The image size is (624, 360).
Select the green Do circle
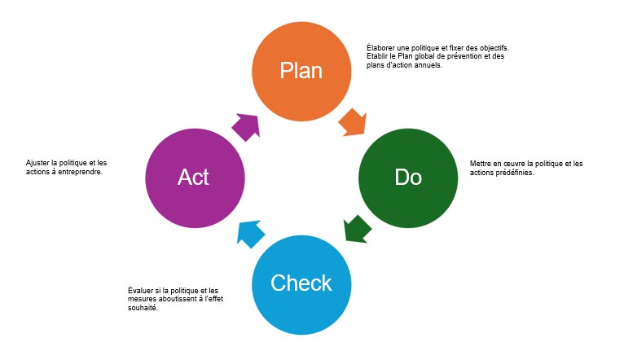[408, 176]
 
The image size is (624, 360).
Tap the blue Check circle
[301, 283]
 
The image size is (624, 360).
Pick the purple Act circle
[194, 176]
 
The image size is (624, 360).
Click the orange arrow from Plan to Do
[352, 122]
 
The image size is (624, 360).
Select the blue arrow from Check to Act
[249, 232]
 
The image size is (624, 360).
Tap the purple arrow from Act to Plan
[245, 125]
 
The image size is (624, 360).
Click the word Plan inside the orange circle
[301, 70]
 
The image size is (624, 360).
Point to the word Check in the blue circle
[301, 283]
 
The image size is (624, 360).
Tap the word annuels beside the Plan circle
[428, 65]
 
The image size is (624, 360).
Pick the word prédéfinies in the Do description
[514, 172]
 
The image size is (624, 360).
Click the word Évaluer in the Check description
[141, 291]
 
